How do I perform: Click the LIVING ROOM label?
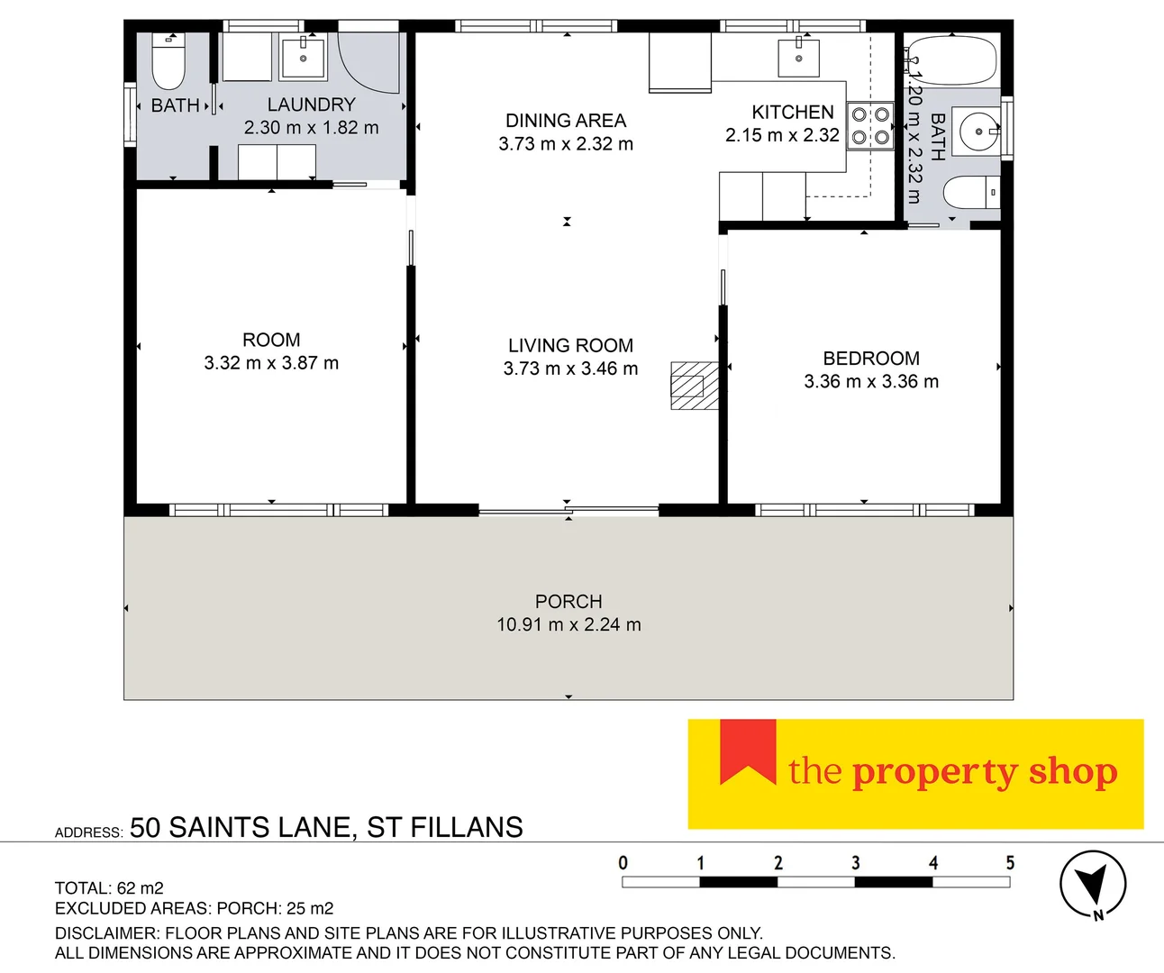570,345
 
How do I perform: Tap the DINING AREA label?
565,121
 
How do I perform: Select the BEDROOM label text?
871,359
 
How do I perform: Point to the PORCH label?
568,602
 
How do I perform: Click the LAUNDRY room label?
311,105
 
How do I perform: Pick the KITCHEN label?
793,113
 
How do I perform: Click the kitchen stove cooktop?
870,126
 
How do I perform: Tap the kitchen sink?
799,59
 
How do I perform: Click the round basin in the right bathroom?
978,132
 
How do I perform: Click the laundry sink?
304,59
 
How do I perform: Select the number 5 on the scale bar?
1010,863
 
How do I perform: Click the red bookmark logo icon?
748,751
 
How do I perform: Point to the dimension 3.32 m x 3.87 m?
271,363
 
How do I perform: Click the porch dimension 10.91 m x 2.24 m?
568,624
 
